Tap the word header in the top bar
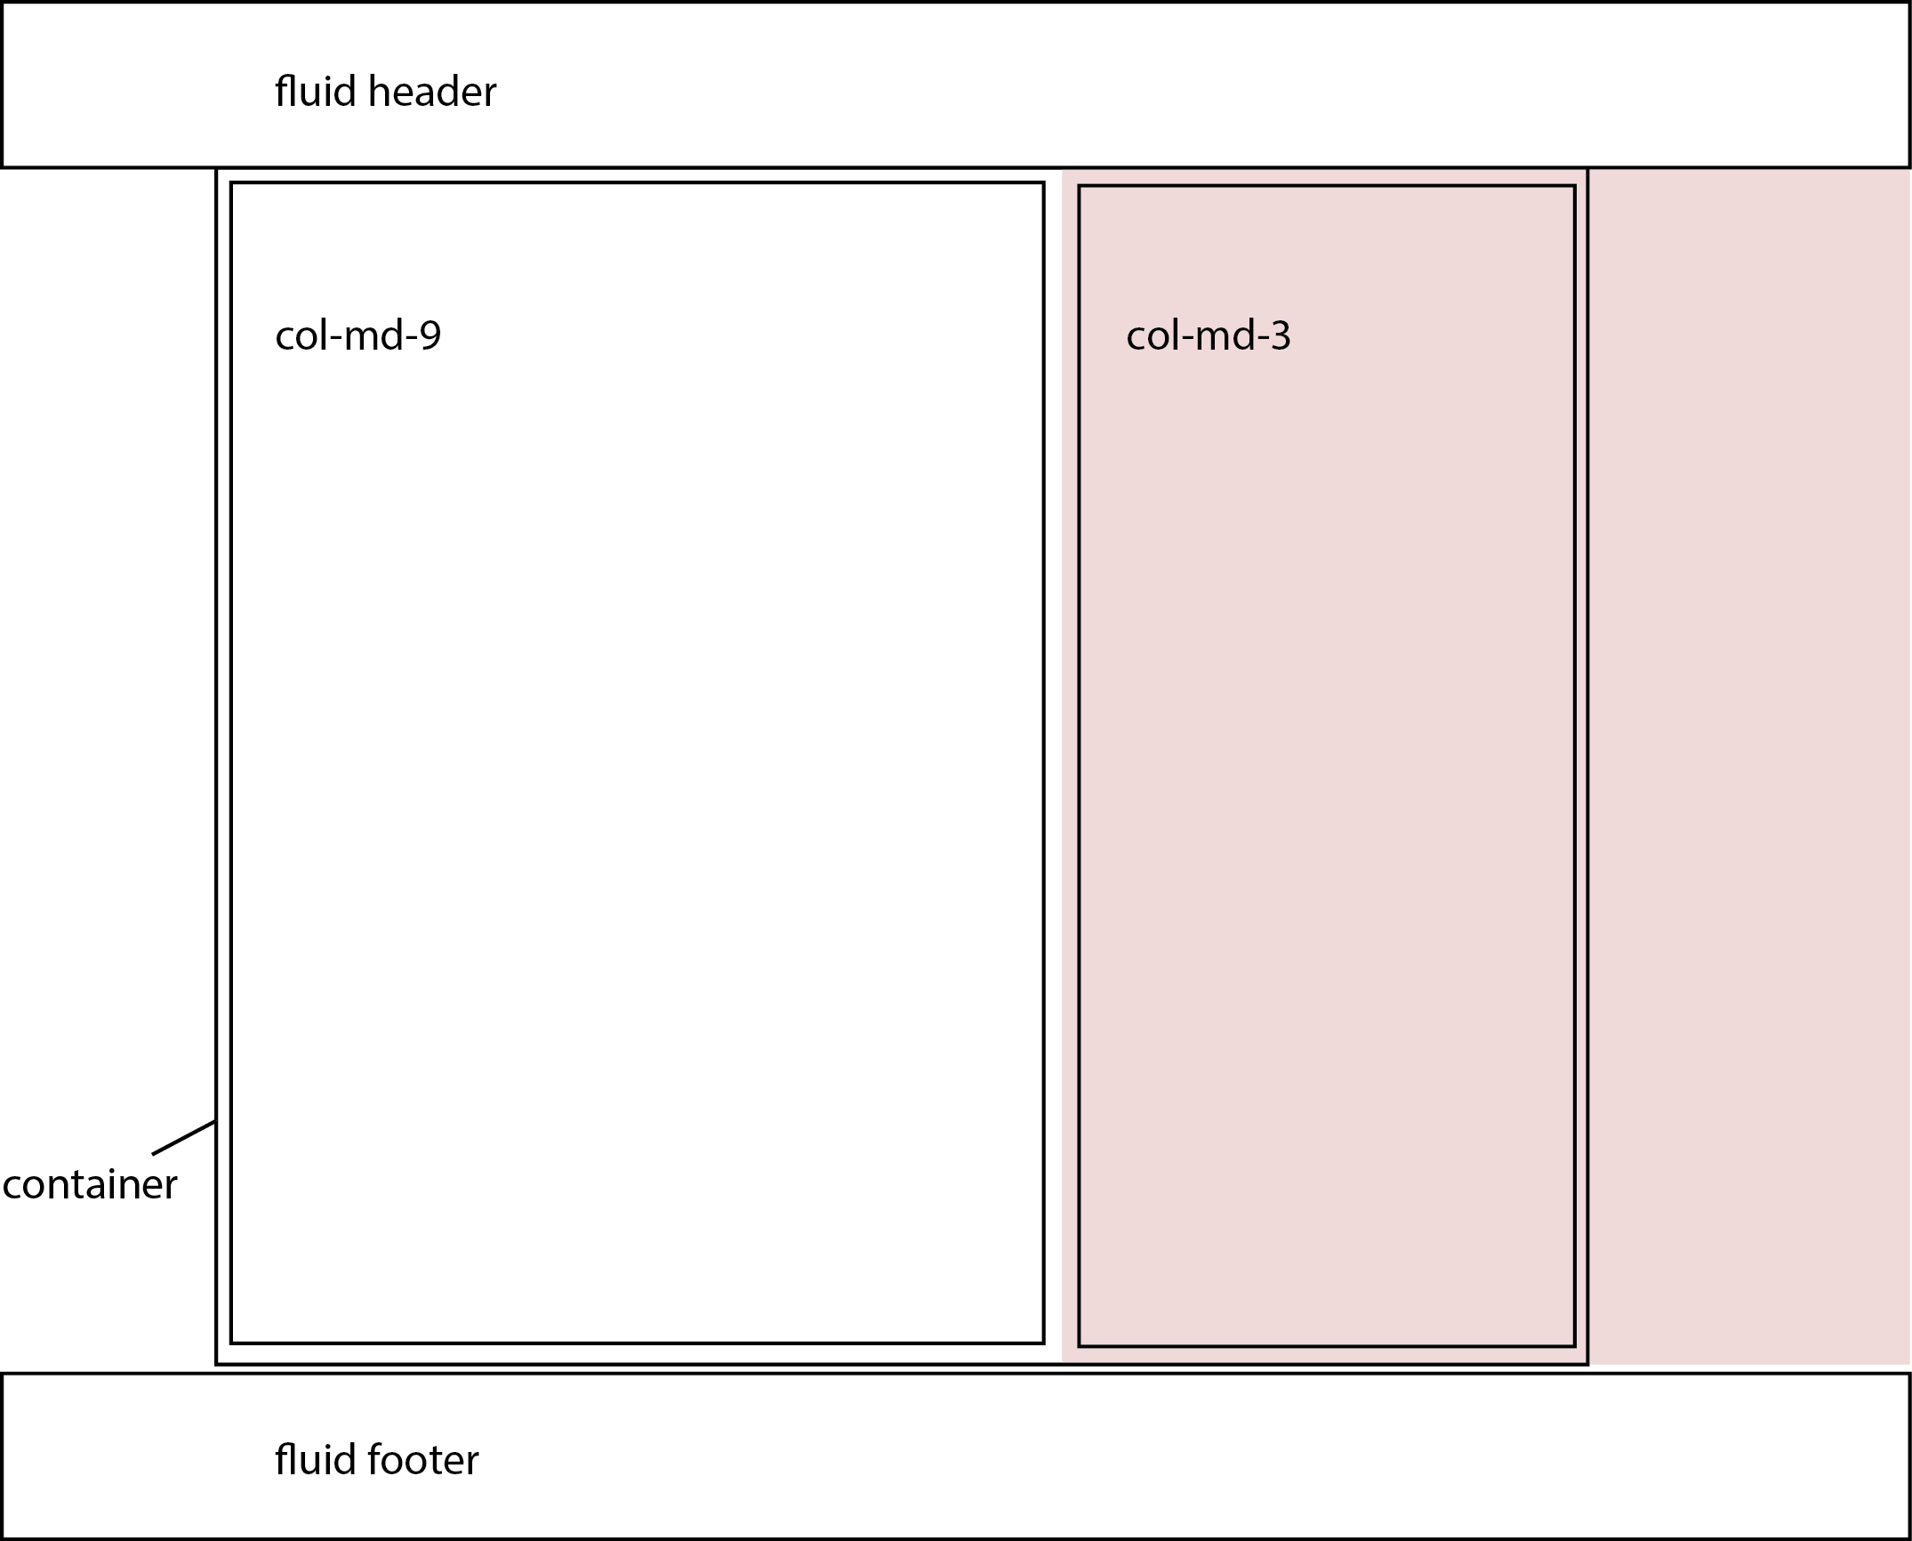point(432,92)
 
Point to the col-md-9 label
point(357,335)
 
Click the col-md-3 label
point(1208,335)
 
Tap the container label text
point(90,1185)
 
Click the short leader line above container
point(183,1138)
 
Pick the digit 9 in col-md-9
point(430,335)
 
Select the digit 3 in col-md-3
point(1281,335)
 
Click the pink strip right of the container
point(1748,765)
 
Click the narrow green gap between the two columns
point(1053,765)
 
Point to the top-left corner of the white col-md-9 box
point(231,183)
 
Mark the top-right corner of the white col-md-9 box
point(1044,183)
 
